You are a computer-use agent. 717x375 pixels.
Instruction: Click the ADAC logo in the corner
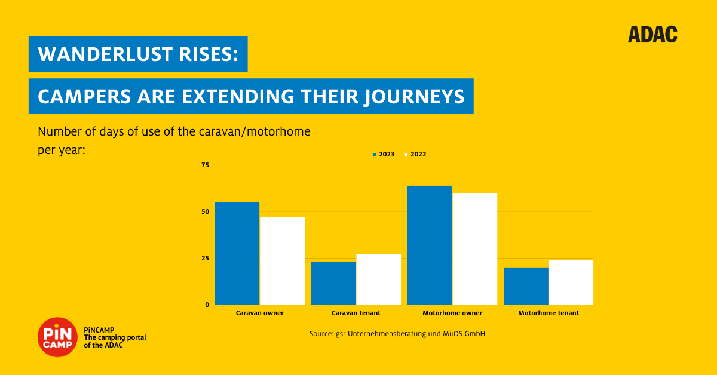(x=652, y=34)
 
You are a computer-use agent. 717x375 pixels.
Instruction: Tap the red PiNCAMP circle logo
(x=57, y=337)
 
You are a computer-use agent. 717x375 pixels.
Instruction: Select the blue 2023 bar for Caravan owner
(x=237, y=253)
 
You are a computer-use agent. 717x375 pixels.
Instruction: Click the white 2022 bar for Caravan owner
(x=282, y=261)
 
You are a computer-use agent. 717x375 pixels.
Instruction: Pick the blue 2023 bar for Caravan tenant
(x=333, y=283)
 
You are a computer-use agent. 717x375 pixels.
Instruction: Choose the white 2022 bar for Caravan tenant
(x=379, y=279)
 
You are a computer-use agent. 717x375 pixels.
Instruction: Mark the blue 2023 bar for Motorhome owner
(x=430, y=245)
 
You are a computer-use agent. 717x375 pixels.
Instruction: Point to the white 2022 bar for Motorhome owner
(x=475, y=248)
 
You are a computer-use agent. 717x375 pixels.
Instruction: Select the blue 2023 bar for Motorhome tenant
(x=526, y=286)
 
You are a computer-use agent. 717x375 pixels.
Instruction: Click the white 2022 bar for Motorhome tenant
(x=571, y=282)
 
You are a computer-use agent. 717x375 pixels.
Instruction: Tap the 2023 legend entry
(x=384, y=154)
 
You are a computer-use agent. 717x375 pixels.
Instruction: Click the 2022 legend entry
(x=415, y=154)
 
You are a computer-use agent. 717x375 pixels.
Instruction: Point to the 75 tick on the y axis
(x=205, y=165)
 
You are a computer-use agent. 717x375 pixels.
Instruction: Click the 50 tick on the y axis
(x=205, y=211)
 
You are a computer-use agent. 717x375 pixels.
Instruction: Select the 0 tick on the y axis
(x=207, y=305)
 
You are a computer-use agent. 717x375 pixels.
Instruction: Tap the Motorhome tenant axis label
(x=549, y=313)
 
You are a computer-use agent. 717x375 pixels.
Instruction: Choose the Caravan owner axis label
(x=259, y=313)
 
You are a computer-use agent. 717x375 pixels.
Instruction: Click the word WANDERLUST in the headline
(x=105, y=54)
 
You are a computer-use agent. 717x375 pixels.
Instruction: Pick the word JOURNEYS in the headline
(x=415, y=97)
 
